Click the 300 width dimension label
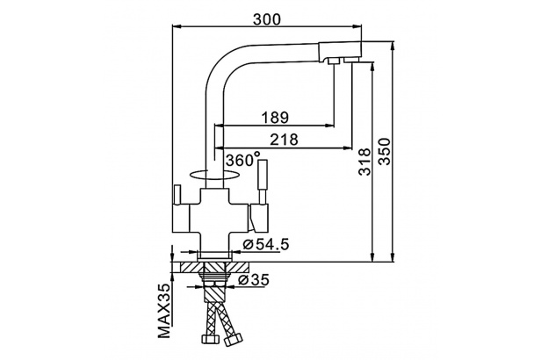click(x=267, y=19)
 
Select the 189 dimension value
click(x=275, y=118)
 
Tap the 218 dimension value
click(x=284, y=140)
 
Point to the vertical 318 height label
click(x=364, y=162)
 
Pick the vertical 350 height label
click(x=385, y=152)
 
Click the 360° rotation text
click(x=243, y=159)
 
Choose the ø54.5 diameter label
click(x=265, y=244)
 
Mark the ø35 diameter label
click(x=253, y=280)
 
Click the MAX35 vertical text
click(x=164, y=310)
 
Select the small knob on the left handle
click(x=177, y=194)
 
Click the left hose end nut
click(x=209, y=338)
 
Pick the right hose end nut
click(x=233, y=340)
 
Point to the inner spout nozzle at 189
click(x=334, y=61)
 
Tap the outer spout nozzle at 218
click(x=352, y=61)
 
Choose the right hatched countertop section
click(x=238, y=268)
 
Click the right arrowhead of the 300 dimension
click(x=358, y=25)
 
